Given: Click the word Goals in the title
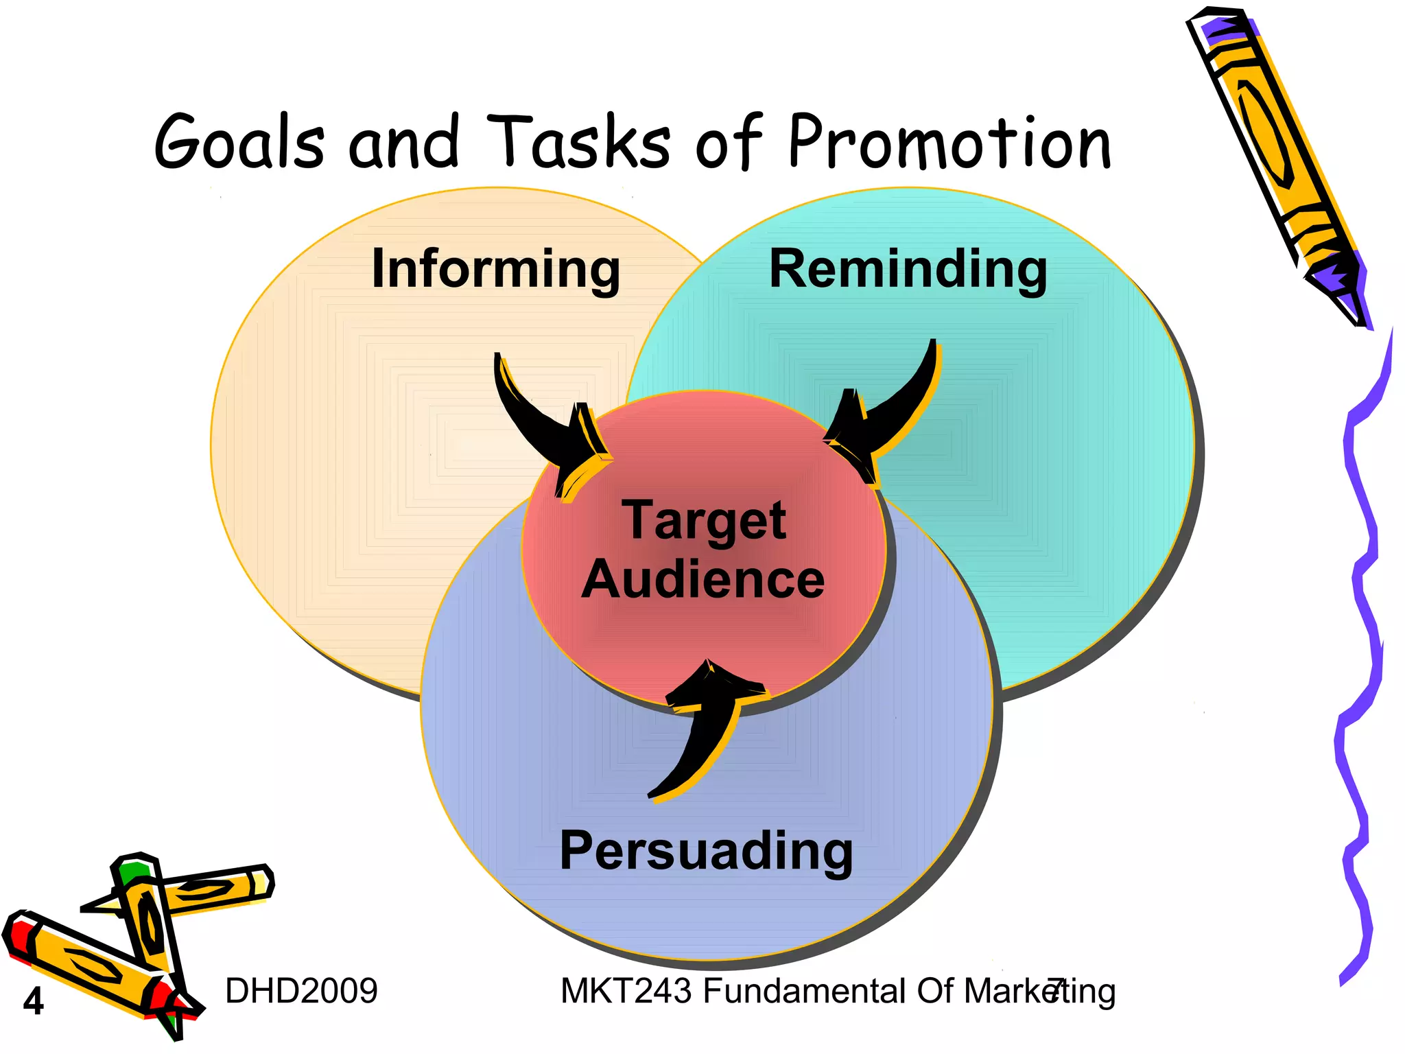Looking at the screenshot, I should coord(239,143).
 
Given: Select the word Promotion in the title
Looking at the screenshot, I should coord(949,143).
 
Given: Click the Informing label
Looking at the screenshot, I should coord(495,269).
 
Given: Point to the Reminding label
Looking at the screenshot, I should coord(908,269).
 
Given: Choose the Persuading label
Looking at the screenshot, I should coord(706,851).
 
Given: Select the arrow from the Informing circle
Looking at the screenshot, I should coord(549,429).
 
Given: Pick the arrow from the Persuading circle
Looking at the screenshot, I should coord(707,734).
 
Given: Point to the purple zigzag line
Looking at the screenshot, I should coord(1362,652).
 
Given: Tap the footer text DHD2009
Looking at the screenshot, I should coord(301,991).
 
